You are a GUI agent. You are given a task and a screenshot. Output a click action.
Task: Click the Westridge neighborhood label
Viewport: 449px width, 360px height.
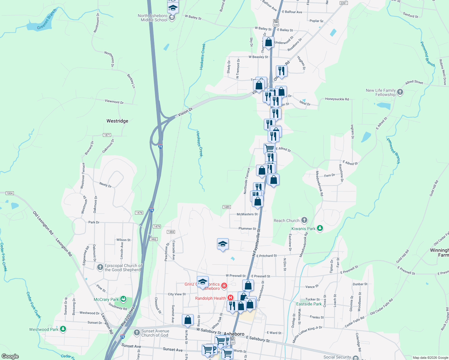[117, 121]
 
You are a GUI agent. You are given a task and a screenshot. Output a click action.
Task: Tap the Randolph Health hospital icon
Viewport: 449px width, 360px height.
[231, 298]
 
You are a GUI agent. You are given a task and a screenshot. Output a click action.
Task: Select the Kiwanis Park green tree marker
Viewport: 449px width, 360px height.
[320, 228]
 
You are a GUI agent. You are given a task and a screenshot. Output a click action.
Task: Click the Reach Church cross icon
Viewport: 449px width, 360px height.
[304, 220]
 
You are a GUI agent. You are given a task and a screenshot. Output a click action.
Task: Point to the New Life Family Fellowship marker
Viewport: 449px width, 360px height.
[400, 92]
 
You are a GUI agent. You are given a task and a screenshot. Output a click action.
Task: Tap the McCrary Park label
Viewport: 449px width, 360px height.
[106, 299]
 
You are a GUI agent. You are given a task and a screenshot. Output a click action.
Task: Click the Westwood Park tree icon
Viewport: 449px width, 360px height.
[63, 329]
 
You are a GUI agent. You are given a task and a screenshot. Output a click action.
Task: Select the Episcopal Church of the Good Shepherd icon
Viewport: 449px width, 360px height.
[100, 267]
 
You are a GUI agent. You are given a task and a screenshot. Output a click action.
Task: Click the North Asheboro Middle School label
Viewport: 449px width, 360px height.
[154, 18]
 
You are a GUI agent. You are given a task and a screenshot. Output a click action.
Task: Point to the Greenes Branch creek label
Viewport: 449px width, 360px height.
[47, 19]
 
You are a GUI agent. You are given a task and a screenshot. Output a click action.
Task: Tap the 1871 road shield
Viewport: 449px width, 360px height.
[107, 135]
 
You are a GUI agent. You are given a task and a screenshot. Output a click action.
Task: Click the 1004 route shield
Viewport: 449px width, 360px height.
[10, 193]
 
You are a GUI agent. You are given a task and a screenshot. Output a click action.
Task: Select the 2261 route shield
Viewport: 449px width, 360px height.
[343, 3]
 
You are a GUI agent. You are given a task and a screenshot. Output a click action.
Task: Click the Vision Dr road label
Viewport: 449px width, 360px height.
[185, 112]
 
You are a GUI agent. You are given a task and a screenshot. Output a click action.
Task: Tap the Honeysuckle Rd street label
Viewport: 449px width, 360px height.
[337, 99]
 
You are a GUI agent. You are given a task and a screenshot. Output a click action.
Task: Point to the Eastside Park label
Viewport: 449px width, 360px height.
[309, 304]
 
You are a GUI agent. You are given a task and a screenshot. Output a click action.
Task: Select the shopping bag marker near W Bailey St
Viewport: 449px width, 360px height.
[269, 42]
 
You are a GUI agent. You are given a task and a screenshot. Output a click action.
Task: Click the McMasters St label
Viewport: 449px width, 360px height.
[247, 214]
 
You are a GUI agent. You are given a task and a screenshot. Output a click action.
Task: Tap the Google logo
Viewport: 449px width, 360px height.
[10, 356]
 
